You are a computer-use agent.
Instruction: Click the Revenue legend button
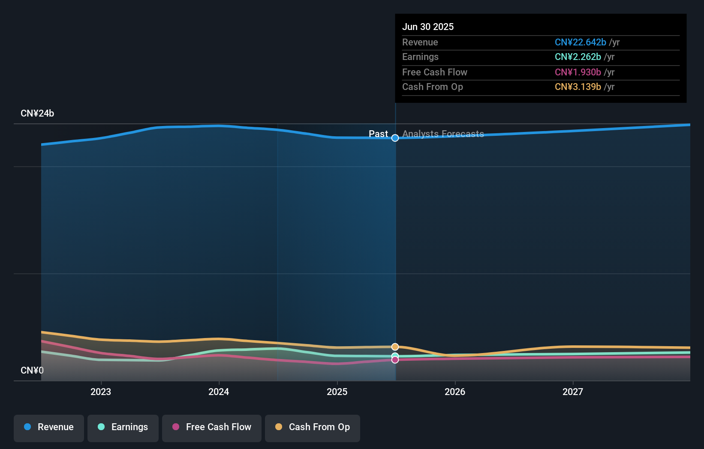(x=49, y=428)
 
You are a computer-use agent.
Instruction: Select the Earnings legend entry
(x=123, y=428)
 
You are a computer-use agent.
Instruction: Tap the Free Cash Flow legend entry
(x=212, y=428)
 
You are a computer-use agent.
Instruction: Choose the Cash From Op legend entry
(x=313, y=428)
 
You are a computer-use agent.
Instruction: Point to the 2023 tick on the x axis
(x=101, y=392)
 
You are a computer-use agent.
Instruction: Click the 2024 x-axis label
(x=219, y=392)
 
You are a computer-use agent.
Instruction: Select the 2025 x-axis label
(x=337, y=392)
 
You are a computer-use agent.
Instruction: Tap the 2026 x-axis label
(x=455, y=392)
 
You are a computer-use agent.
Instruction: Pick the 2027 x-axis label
(x=573, y=392)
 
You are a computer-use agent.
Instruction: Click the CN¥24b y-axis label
(x=37, y=114)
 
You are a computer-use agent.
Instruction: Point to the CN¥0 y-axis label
(x=32, y=370)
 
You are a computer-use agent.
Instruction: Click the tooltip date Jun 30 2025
(x=428, y=27)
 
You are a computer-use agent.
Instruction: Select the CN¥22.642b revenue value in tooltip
(x=580, y=42)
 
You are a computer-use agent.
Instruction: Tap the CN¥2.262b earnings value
(x=578, y=57)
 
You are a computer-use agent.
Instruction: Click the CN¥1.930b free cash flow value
(x=578, y=72)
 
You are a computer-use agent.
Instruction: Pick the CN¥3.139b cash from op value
(x=578, y=87)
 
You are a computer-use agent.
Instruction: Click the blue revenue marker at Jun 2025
(x=395, y=138)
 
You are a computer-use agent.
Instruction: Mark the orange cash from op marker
(x=395, y=347)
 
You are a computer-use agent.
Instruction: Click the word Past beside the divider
(x=378, y=134)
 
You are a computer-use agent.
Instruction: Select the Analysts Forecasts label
(x=443, y=134)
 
